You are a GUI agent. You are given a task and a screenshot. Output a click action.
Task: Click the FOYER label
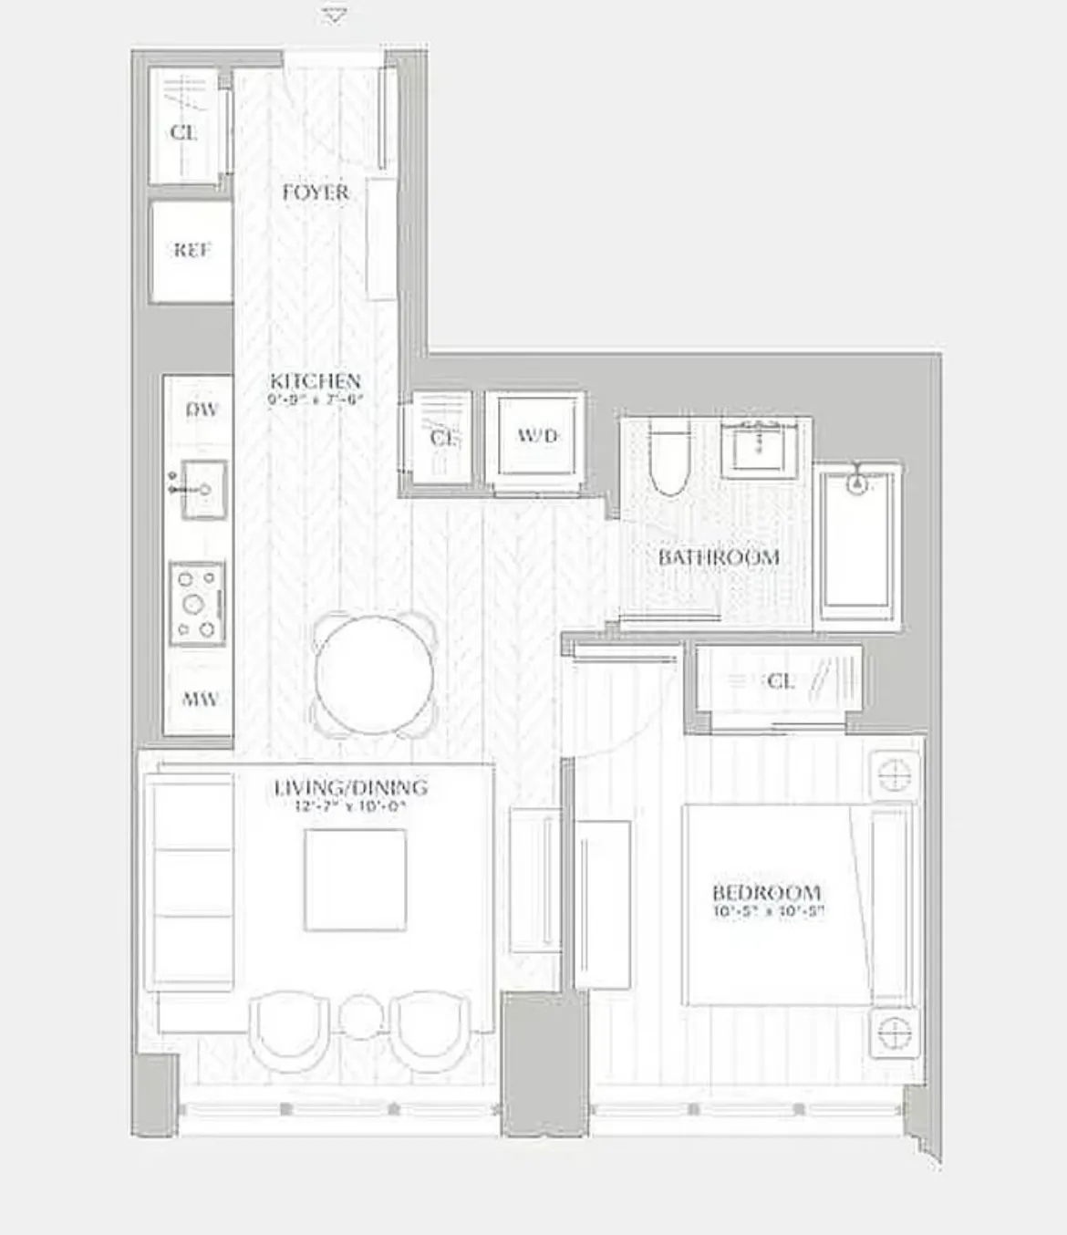pyautogui.click(x=315, y=192)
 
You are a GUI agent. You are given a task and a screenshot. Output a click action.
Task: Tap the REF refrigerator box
pyautogui.click(x=192, y=251)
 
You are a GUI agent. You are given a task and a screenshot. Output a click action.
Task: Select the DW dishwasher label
pyautogui.click(x=202, y=410)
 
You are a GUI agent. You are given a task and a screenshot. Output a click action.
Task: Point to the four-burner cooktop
pyautogui.click(x=197, y=604)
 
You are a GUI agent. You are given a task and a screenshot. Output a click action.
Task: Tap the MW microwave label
pyautogui.click(x=200, y=700)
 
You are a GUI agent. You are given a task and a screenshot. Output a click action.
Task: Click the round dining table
pyautogui.click(x=374, y=675)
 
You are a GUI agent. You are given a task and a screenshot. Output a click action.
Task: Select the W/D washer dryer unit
pyautogui.click(x=536, y=436)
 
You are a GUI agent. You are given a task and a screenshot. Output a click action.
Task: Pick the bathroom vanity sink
pyautogui.click(x=756, y=447)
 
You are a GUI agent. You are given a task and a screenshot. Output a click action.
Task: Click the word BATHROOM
pyautogui.click(x=719, y=556)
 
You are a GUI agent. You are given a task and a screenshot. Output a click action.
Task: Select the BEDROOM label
pyautogui.click(x=766, y=892)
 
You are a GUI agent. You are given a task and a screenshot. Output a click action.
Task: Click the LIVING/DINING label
pyautogui.click(x=351, y=787)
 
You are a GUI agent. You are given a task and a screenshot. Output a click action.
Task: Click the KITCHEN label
pyautogui.click(x=315, y=380)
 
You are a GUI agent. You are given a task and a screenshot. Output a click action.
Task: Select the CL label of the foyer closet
pyautogui.click(x=183, y=133)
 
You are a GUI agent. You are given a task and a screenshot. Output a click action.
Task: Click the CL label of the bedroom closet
pyautogui.click(x=781, y=681)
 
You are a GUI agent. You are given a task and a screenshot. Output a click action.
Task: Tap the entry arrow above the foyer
pyautogui.click(x=335, y=16)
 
